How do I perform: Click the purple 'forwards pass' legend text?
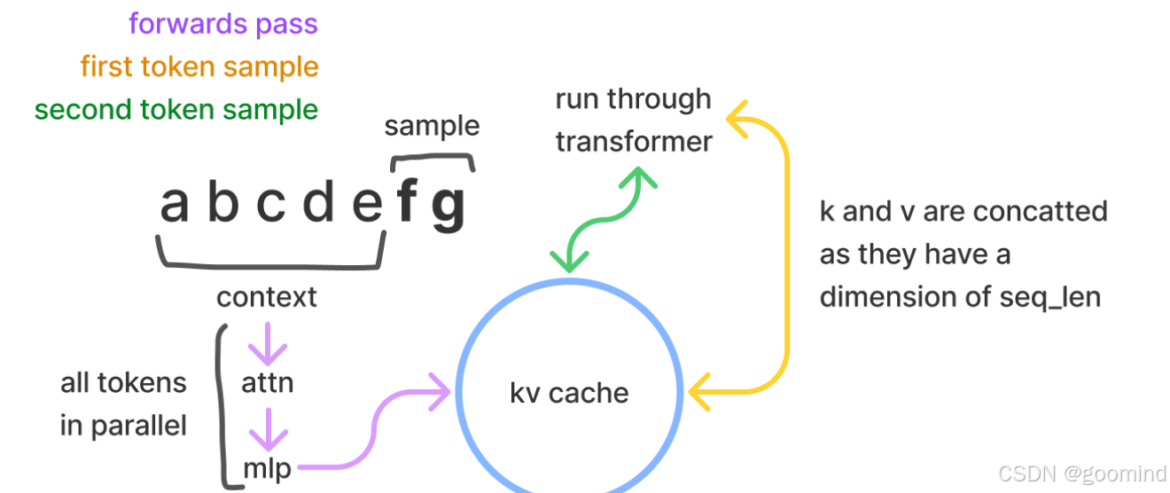(222, 23)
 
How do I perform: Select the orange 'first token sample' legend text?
(199, 67)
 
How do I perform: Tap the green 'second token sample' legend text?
(175, 110)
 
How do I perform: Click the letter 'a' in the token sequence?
(175, 204)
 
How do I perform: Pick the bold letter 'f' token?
(407, 203)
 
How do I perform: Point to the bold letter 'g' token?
(448, 207)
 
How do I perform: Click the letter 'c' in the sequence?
(270, 205)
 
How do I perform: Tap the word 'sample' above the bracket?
(432, 126)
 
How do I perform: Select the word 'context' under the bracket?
(266, 296)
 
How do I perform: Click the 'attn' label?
(267, 382)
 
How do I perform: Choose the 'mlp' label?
(267, 467)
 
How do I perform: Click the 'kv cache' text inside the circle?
(569, 392)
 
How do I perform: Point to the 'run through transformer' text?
(633, 120)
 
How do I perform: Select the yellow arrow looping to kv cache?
(784, 257)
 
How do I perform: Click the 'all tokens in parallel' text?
(123, 403)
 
